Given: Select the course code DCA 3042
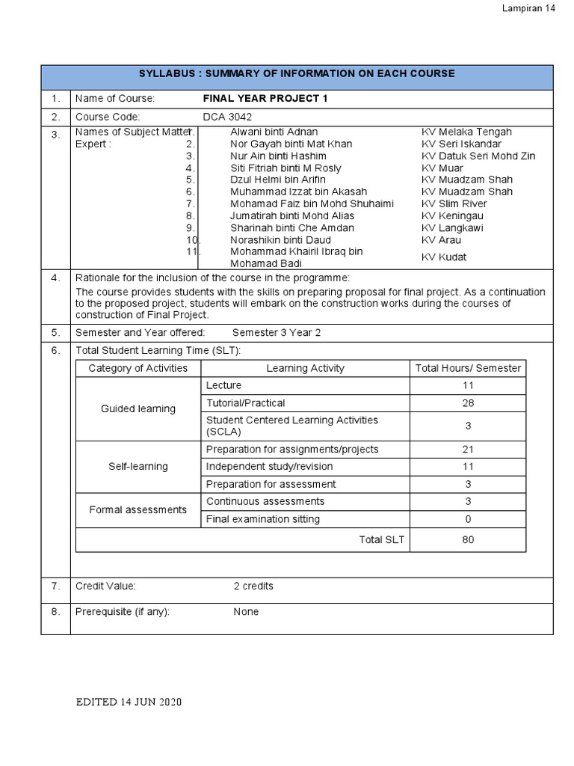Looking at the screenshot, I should (x=227, y=117).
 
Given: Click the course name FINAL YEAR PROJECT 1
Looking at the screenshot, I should (x=265, y=99).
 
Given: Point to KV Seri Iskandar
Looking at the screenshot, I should (x=461, y=144).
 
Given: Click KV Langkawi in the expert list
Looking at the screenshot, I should (x=452, y=227).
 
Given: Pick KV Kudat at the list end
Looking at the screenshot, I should (x=444, y=257).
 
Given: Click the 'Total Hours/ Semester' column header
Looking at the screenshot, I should (x=468, y=368).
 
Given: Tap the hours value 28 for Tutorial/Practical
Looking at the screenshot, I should (x=468, y=403).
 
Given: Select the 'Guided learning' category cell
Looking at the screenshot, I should (x=138, y=408).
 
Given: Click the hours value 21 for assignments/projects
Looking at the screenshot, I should (x=468, y=449).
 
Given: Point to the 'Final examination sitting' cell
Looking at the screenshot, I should (x=262, y=519).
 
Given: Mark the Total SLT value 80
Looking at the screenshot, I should (x=468, y=539).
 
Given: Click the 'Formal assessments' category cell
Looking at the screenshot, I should (x=138, y=510).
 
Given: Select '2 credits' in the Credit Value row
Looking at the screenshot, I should (x=253, y=586).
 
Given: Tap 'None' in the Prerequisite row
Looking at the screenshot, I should (x=246, y=611).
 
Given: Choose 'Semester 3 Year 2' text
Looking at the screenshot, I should (x=276, y=332).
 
